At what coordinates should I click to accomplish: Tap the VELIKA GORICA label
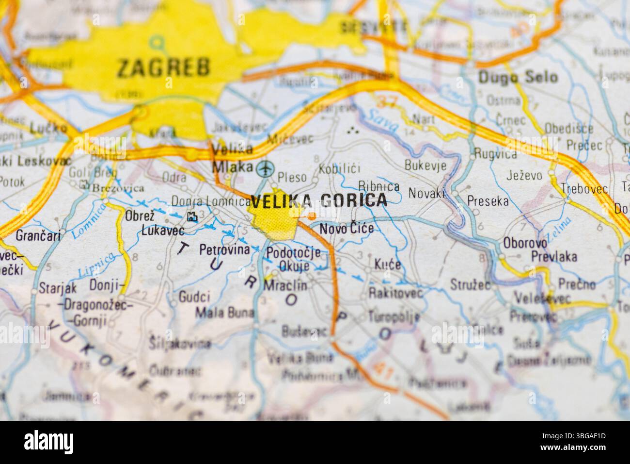click(x=319, y=200)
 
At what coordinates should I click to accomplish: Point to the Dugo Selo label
click(x=518, y=77)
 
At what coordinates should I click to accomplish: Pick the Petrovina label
click(x=224, y=250)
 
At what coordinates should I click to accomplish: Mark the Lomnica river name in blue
click(x=88, y=221)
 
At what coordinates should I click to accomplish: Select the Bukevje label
click(x=425, y=165)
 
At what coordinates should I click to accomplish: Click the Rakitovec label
click(x=395, y=293)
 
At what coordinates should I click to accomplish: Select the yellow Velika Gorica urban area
click(x=274, y=223)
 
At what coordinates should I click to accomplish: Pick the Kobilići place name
click(x=339, y=169)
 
